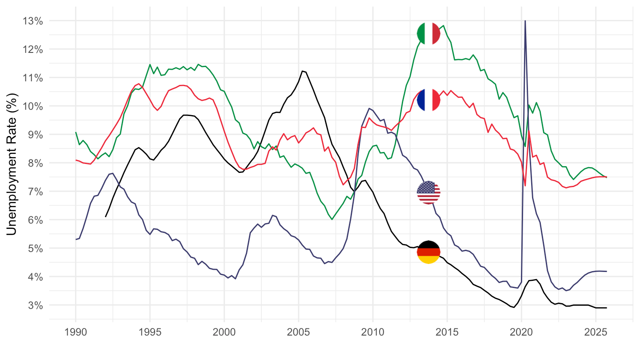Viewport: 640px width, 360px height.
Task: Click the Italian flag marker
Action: pyautogui.click(x=428, y=33)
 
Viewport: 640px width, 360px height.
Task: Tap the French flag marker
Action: pyautogui.click(x=428, y=100)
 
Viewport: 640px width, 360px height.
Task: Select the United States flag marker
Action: pyautogui.click(x=428, y=192)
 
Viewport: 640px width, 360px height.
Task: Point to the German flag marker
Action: pyautogui.click(x=428, y=252)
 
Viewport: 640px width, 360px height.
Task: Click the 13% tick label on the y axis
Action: pyautogui.click(x=33, y=21)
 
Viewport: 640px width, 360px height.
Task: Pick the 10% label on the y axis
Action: pyautogui.click(x=33, y=106)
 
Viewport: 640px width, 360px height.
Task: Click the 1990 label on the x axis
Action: pyautogui.click(x=76, y=333)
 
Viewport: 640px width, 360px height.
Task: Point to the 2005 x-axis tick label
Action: pyautogui.click(x=298, y=333)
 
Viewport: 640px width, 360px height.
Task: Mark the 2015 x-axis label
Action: pyautogui.click(x=447, y=333)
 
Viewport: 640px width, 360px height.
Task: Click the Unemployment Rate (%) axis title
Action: pyautogui.click(x=12, y=163)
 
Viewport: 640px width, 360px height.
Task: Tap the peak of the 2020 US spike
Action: pyautogui.click(x=525, y=21)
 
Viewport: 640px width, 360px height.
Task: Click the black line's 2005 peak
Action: pyautogui.click(x=302, y=71)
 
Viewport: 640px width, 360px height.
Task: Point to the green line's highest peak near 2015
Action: pyautogui.click(x=444, y=25)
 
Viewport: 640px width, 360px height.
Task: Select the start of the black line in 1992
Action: pyautogui.click(x=105, y=217)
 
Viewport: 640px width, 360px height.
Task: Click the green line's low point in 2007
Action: pyautogui.click(x=332, y=219)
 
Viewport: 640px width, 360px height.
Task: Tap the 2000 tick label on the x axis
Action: pyautogui.click(x=224, y=333)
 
